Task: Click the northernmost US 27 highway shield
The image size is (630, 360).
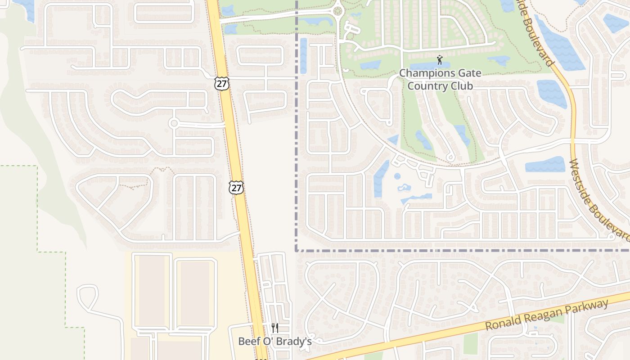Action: click(x=222, y=83)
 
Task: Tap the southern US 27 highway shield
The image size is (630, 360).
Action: click(x=236, y=188)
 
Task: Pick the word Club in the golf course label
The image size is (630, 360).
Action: click(x=463, y=86)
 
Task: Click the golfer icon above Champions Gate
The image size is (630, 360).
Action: click(x=440, y=59)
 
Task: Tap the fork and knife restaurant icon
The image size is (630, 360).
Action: click(x=275, y=328)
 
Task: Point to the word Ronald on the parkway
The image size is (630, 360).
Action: click(x=503, y=322)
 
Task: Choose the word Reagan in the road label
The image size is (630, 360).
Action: click(x=544, y=315)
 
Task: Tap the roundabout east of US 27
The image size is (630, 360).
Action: click(x=338, y=10)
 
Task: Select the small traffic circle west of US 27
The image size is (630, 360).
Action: click(x=174, y=123)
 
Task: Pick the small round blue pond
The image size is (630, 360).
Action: click(x=397, y=176)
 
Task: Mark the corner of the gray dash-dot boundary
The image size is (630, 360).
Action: click(x=297, y=250)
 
